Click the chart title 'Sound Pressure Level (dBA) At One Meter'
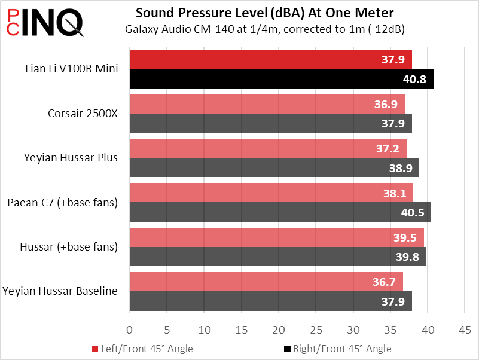264,13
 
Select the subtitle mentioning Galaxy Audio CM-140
264,29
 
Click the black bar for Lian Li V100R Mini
281,78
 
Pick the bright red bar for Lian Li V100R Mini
270,59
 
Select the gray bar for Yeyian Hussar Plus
274,168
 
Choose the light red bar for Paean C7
271,193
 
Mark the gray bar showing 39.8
277,257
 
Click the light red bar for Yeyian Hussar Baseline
266,282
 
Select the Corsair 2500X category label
83,112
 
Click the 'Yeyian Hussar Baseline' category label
60,291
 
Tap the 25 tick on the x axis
316,329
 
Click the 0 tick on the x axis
130,329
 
